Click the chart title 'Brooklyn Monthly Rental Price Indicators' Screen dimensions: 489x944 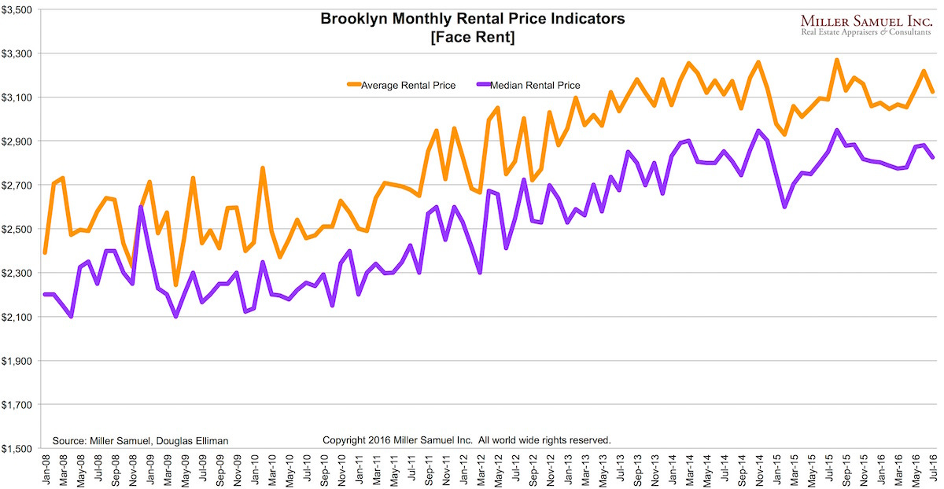point(473,19)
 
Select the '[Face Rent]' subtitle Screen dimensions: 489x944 point(473,37)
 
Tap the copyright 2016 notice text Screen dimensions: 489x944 point(467,440)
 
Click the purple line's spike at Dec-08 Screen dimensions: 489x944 point(140,207)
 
